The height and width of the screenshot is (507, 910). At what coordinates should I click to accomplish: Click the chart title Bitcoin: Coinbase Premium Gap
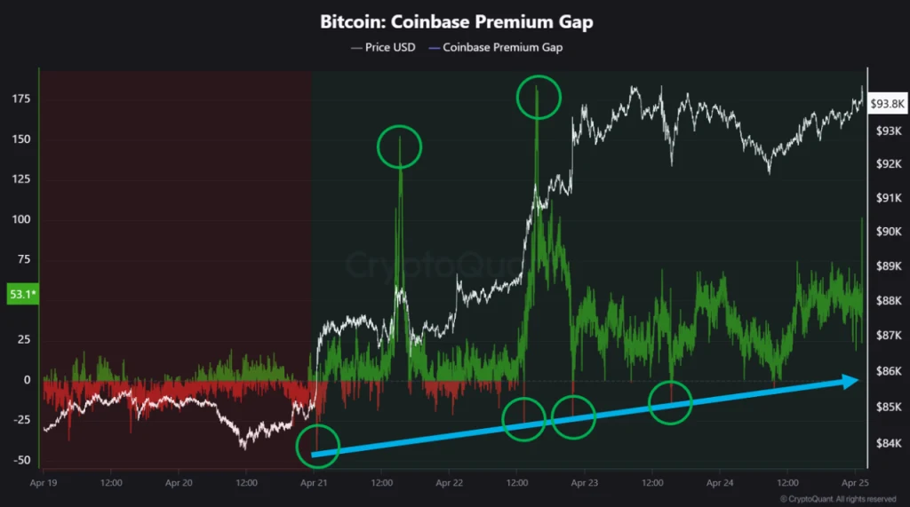click(x=457, y=22)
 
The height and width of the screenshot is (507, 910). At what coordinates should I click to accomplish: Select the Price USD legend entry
click(x=383, y=48)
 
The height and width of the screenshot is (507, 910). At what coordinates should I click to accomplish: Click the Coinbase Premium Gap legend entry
click(x=496, y=48)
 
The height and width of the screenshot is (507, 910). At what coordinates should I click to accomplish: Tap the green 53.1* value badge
click(x=22, y=294)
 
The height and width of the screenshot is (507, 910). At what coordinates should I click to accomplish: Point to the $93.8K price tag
click(x=887, y=104)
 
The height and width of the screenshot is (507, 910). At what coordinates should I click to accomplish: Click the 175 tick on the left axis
click(x=21, y=99)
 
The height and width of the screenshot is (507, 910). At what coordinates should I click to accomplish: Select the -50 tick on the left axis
click(x=21, y=460)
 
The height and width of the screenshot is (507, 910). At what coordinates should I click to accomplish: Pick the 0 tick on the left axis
click(x=27, y=380)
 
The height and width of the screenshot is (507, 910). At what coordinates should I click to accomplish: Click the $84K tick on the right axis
click(x=889, y=443)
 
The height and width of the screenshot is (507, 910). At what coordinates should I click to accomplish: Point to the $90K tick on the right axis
click(x=889, y=232)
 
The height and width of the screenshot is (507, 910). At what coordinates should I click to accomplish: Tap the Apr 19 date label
click(x=44, y=483)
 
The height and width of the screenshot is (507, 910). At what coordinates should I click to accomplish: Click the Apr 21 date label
click(x=314, y=483)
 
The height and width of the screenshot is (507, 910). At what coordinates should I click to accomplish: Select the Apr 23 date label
click(x=585, y=483)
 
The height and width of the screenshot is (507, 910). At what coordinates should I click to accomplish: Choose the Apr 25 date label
click(x=855, y=483)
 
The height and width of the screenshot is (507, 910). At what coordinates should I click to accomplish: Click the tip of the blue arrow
click(x=858, y=381)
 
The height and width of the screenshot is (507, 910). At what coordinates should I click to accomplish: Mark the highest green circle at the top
click(x=539, y=76)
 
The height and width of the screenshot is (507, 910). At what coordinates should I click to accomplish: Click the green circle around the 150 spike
click(x=399, y=126)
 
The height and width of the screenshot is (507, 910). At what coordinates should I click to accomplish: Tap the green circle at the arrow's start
click(x=317, y=425)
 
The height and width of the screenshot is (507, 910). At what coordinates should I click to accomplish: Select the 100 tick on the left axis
click(x=21, y=219)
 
